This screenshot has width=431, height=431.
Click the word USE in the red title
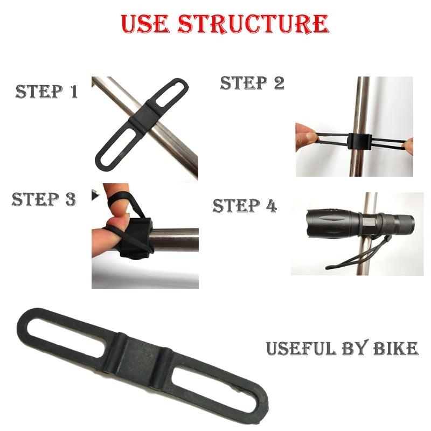145,24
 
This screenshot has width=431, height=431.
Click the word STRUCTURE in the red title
253,24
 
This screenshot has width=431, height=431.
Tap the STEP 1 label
47,91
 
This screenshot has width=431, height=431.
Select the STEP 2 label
252,83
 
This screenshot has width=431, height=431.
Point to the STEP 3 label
44,199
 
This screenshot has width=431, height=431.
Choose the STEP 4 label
245,206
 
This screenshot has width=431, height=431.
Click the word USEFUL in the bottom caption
301,348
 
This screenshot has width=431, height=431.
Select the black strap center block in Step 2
359,141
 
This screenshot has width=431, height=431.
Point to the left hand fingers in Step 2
307,137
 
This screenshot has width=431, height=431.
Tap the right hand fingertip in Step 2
409,146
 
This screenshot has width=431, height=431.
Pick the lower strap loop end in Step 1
103,163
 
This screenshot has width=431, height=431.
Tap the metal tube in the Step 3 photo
175,240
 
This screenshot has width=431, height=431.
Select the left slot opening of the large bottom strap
66,338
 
